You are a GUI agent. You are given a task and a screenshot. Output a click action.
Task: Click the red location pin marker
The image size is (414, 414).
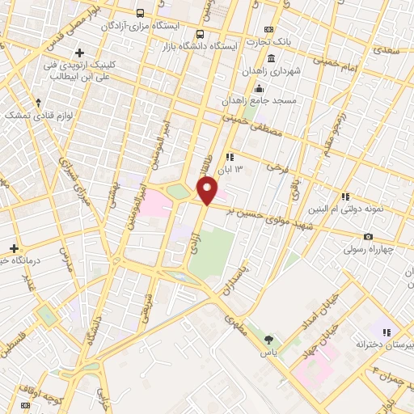207,191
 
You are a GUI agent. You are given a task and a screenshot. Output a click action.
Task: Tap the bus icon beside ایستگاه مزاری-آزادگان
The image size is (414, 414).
141,14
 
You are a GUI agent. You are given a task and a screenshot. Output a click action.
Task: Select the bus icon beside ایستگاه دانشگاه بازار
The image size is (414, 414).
199,34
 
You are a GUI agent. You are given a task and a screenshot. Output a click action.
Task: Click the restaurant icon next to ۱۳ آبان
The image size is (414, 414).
230,157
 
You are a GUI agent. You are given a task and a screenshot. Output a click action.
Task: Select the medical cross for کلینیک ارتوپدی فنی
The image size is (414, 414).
79,53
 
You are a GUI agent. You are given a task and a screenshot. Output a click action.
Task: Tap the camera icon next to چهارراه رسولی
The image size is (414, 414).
369,236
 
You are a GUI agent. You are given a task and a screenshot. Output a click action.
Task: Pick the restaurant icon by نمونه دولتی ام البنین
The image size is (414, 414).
345,196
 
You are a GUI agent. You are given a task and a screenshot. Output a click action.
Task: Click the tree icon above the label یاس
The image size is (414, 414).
268,340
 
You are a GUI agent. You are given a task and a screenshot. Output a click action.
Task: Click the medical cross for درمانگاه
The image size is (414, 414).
13,247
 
